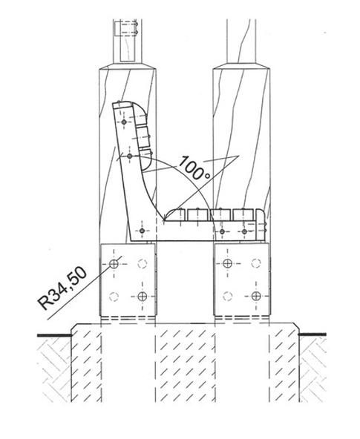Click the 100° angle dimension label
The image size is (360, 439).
(194, 168)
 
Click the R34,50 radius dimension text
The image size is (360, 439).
(62, 288)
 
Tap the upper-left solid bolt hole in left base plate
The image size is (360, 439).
(114, 263)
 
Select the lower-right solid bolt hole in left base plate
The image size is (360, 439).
(143, 296)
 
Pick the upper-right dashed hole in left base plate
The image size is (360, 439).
(143, 263)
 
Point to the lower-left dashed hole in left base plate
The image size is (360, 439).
(114, 296)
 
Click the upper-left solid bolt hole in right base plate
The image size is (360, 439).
(227, 263)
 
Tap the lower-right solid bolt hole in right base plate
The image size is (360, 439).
(256, 296)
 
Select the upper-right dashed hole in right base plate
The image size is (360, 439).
(256, 263)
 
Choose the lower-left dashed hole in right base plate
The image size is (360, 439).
(227, 296)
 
